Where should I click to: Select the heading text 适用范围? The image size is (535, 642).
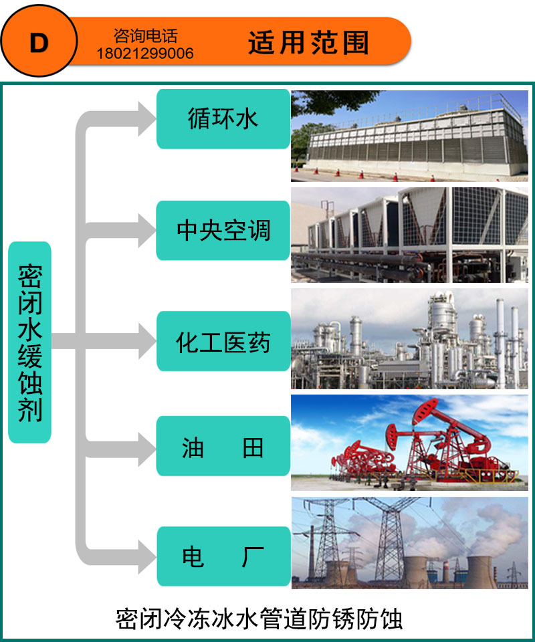[308, 43]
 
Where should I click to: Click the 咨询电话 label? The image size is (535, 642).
[146, 36]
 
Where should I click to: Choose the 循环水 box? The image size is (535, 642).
[223, 119]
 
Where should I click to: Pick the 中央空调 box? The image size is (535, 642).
[223, 230]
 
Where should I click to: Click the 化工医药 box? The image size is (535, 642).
[223, 342]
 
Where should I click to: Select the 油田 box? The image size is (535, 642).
[223, 447]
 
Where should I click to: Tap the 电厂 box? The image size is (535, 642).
[223, 556]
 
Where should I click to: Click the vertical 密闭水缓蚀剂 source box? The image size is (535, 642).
[29, 342]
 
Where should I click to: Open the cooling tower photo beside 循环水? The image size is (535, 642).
[409, 136]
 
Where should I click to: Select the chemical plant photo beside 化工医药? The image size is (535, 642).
[409, 339]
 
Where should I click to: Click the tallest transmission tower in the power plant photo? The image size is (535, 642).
[388, 538]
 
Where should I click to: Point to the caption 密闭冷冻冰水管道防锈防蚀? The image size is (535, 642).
[259, 618]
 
